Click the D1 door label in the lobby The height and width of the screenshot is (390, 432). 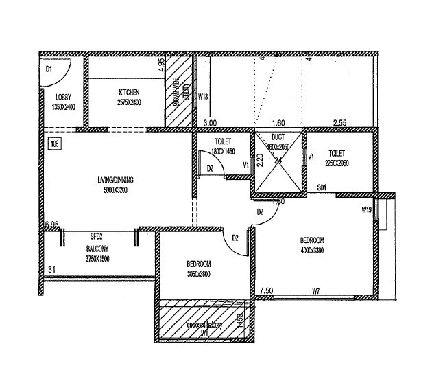click(49, 69)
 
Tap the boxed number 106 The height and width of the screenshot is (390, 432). click(53, 144)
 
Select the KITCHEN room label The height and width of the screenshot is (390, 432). click(130, 92)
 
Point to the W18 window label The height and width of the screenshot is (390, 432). click(203, 97)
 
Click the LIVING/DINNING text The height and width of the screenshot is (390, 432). click(115, 180)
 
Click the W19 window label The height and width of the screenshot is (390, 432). click(367, 209)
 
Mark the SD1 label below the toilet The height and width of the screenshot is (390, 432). click(322, 187)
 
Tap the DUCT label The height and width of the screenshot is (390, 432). click(278, 137)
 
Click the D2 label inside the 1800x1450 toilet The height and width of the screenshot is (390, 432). click(211, 168)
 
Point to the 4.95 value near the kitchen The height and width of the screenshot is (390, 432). click(161, 66)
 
